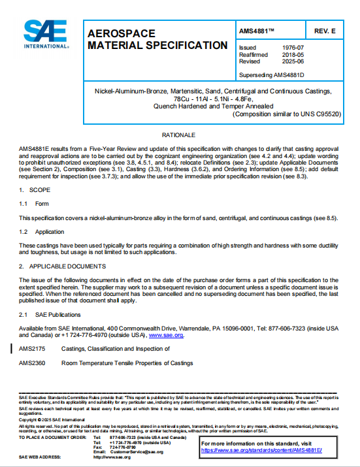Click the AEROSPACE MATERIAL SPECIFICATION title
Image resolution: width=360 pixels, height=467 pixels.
click(x=157, y=39)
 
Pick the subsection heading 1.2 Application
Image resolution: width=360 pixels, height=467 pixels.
click(x=41, y=232)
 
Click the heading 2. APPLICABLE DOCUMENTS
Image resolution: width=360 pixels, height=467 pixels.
click(x=62, y=266)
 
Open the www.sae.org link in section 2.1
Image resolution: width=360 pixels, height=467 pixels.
click(x=167, y=335)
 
